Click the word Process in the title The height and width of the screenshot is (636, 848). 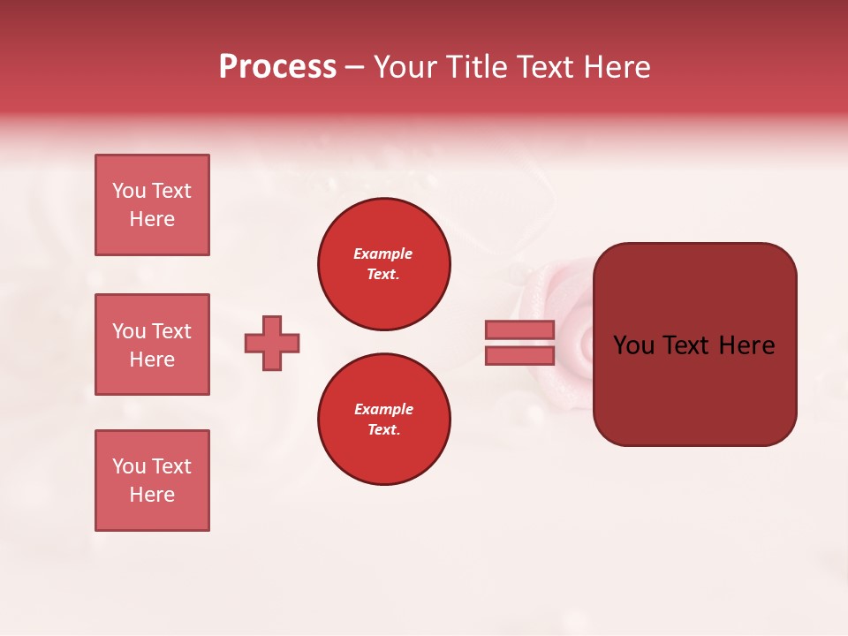click(x=277, y=67)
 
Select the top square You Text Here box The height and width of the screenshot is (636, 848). click(x=152, y=205)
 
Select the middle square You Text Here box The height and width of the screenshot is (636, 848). click(x=152, y=344)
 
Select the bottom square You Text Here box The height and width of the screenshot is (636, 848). click(x=152, y=481)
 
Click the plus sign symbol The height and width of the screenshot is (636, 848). click(x=272, y=343)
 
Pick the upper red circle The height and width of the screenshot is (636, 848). click(x=384, y=264)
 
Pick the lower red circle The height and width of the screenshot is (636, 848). click(x=384, y=420)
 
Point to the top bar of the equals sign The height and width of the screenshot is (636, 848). click(x=519, y=329)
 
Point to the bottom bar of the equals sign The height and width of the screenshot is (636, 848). click(x=519, y=356)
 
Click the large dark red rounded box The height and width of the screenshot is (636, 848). click(x=694, y=344)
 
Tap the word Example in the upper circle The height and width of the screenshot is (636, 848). click(x=382, y=254)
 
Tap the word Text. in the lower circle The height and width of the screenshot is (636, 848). click(x=382, y=430)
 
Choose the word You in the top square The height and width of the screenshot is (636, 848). click(x=129, y=191)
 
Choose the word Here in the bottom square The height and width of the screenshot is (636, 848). click(x=152, y=495)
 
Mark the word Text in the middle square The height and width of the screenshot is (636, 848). click(x=171, y=331)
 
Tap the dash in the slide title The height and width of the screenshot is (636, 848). click(x=354, y=68)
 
